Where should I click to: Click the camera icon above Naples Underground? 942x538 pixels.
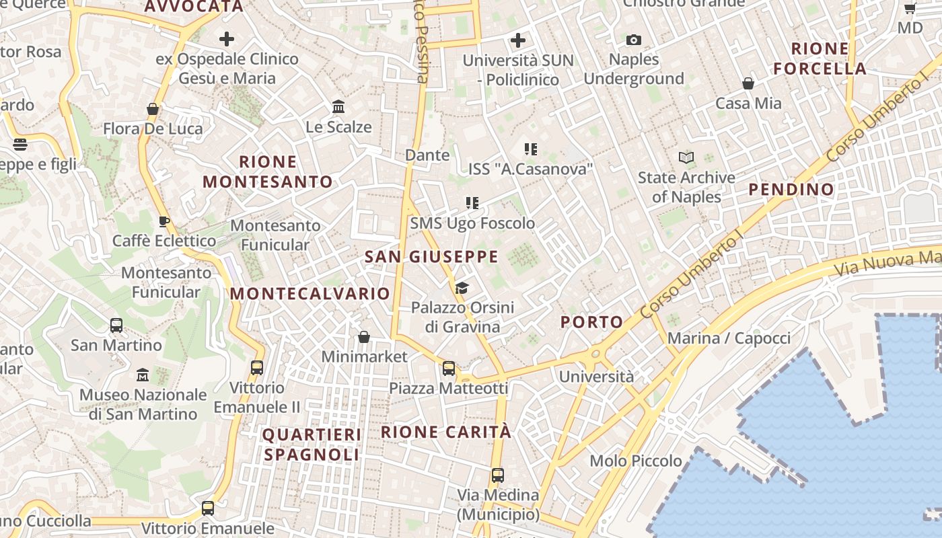(x=633, y=40)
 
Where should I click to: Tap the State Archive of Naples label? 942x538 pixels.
(x=686, y=187)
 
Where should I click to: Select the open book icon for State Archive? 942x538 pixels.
(x=686, y=158)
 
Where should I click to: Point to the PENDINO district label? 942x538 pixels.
(x=791, y=190)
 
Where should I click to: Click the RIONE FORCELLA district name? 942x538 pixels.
(x=820, y=59)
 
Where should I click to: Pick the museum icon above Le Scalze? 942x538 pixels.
(x=338, y=107)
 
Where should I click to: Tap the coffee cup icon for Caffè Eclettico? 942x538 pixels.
(x=164, y=221)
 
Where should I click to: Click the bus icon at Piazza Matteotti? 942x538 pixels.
(x=449, y=369)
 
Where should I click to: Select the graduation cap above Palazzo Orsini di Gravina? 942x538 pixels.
(x=462, y=289)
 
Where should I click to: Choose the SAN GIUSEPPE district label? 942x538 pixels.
(x=431, y=257)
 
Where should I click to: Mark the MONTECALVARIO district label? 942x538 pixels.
(x=310, y=294)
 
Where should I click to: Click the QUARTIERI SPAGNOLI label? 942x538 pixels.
(x=312, y=445)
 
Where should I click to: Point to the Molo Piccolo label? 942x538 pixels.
(x=636, y=461)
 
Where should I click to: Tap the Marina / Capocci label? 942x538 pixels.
(x=729, y=338)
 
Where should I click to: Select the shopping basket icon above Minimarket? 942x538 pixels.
(x=364, y=336)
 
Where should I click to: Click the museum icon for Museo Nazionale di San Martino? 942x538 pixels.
(x=143, y=375)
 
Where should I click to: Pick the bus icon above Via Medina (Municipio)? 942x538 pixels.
(x=498, y=475)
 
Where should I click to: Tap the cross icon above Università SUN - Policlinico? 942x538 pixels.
(x=517, y=40)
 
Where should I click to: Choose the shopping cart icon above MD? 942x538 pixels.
(x=910, y=9)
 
